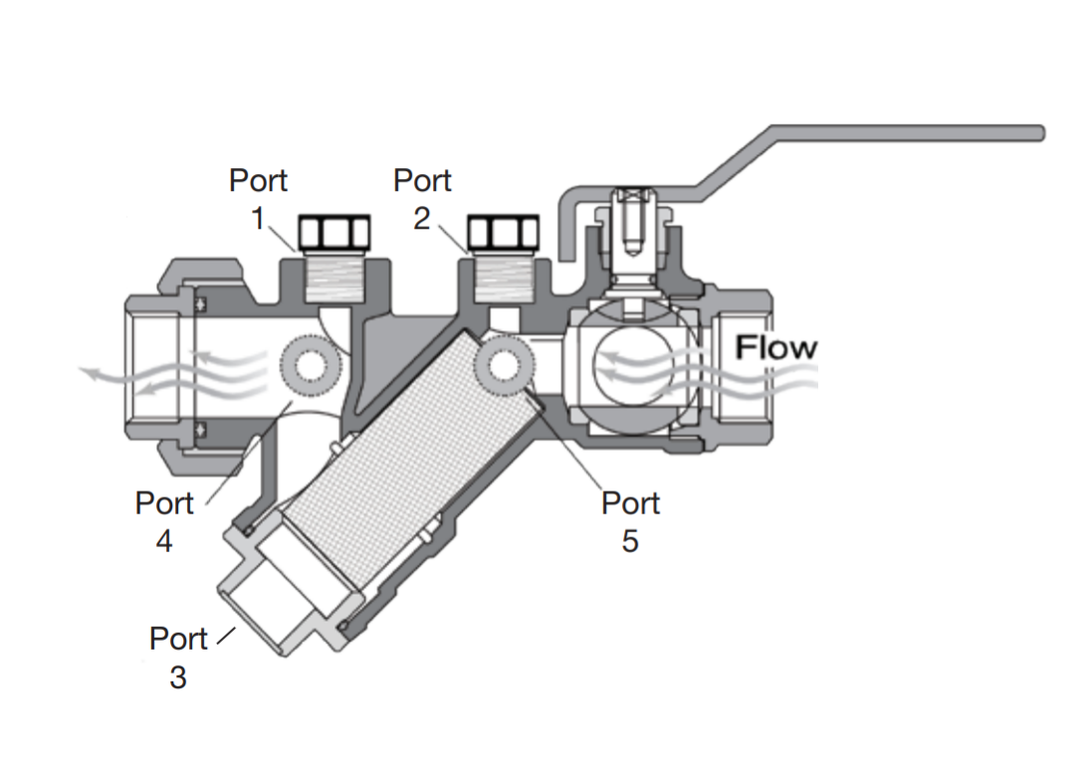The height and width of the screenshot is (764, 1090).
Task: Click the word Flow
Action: coord(775,347)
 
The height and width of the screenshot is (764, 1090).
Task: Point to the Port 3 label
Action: coord(179,657)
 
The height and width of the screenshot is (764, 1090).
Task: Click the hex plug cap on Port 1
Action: coord(334,233)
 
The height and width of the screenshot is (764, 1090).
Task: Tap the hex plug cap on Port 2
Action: coord(503,233)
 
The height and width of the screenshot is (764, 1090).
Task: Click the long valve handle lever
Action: coord(896,133)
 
